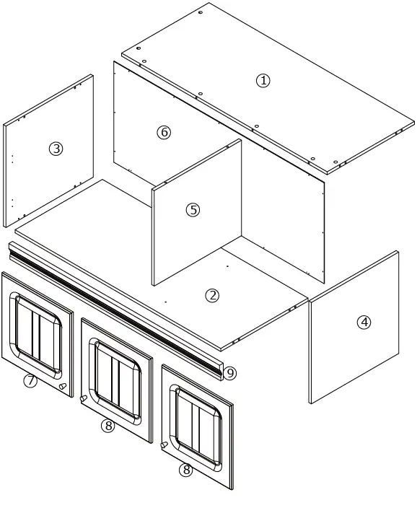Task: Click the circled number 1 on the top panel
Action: (263, 81)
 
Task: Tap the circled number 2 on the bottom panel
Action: (212, 295)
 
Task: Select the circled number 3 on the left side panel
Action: (56, 149)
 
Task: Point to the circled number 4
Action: (364, 323)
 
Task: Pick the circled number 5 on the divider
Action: (193, 210)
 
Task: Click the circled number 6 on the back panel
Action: (164, 132)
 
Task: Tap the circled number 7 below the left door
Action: (30, 381)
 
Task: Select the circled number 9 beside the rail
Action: (230, 373)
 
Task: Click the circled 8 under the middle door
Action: (108, 426)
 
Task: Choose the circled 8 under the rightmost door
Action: (186, 470)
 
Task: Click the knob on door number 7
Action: (63, 387)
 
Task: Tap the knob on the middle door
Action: (84, 398)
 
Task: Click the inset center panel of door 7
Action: (38, 334)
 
